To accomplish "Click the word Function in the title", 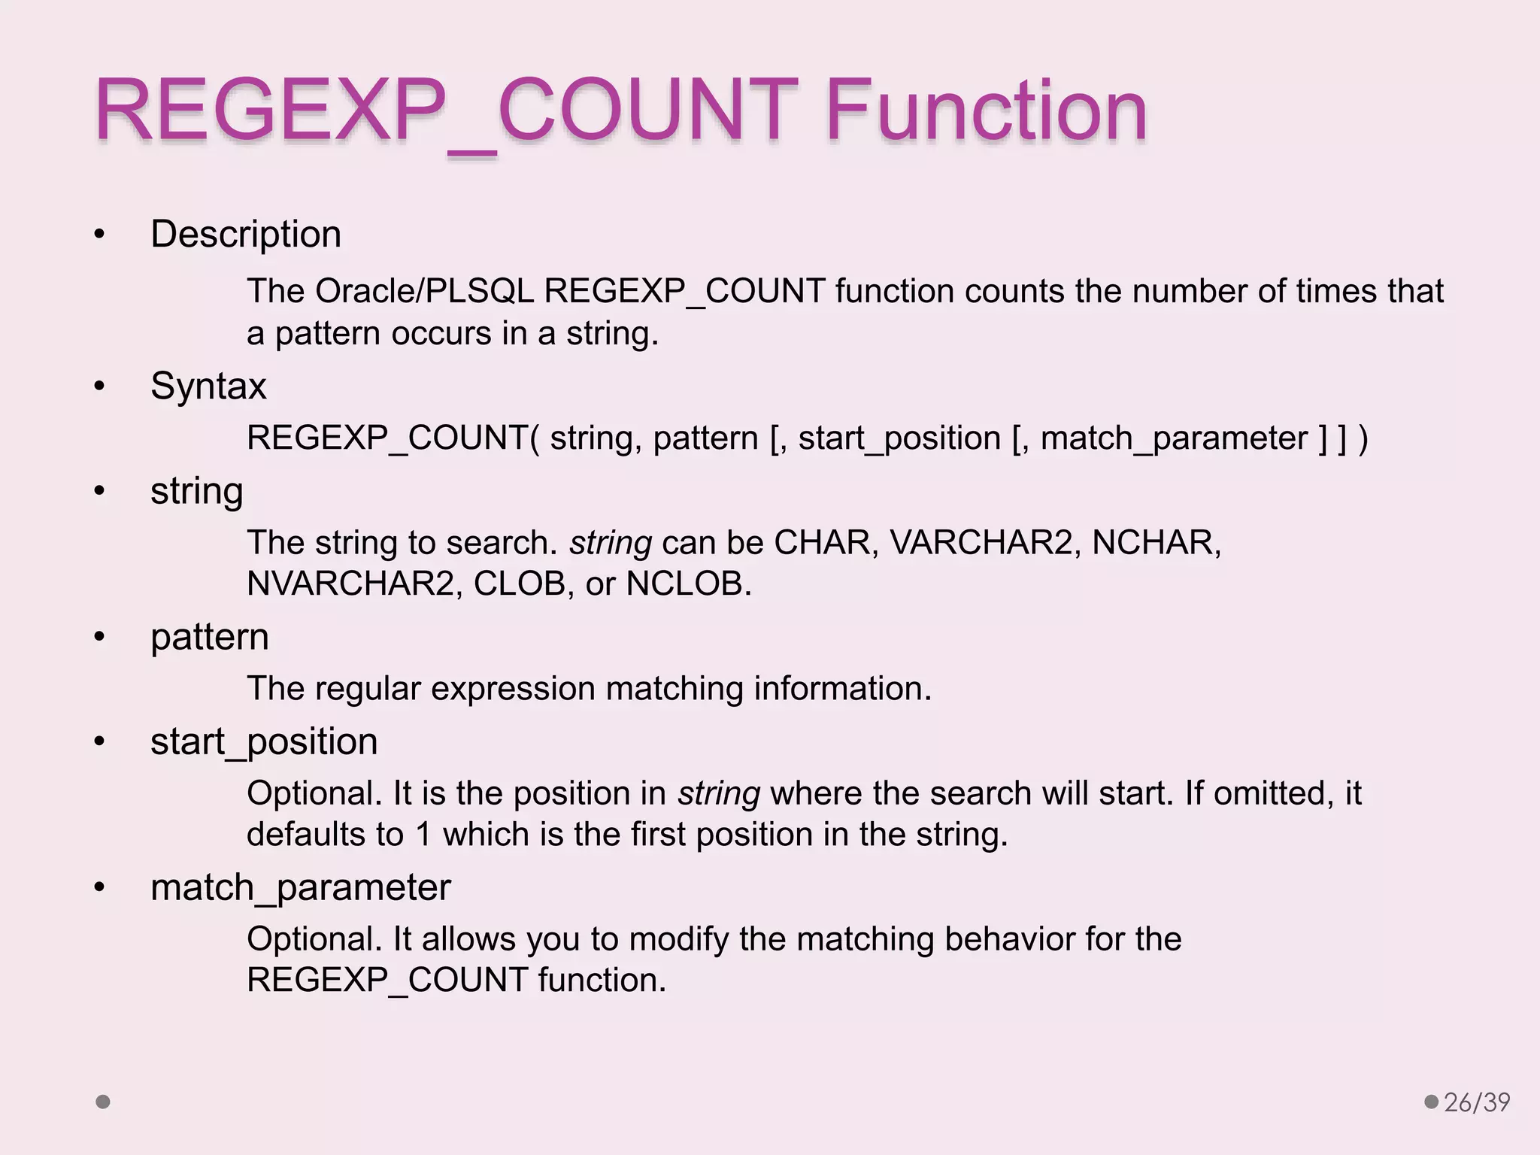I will point(986,111).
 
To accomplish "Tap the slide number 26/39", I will point(1477,1102).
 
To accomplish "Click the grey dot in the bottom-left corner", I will point(104,1102).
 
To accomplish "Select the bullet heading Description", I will point(246,234).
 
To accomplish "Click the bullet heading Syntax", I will point(208,387).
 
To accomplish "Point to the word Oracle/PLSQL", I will point(424,291).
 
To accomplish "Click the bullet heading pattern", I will point(209,638).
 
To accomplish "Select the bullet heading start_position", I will point(264,742).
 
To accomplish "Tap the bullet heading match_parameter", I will point(300,888).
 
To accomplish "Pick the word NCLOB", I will point(689,584).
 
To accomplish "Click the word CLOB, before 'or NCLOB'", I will point(519,584).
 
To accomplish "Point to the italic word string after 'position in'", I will point(718,793).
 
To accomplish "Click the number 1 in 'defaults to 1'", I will point(423,835).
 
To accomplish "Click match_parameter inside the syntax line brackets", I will point(1174,438).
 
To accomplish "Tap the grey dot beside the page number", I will point(1431,1102).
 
